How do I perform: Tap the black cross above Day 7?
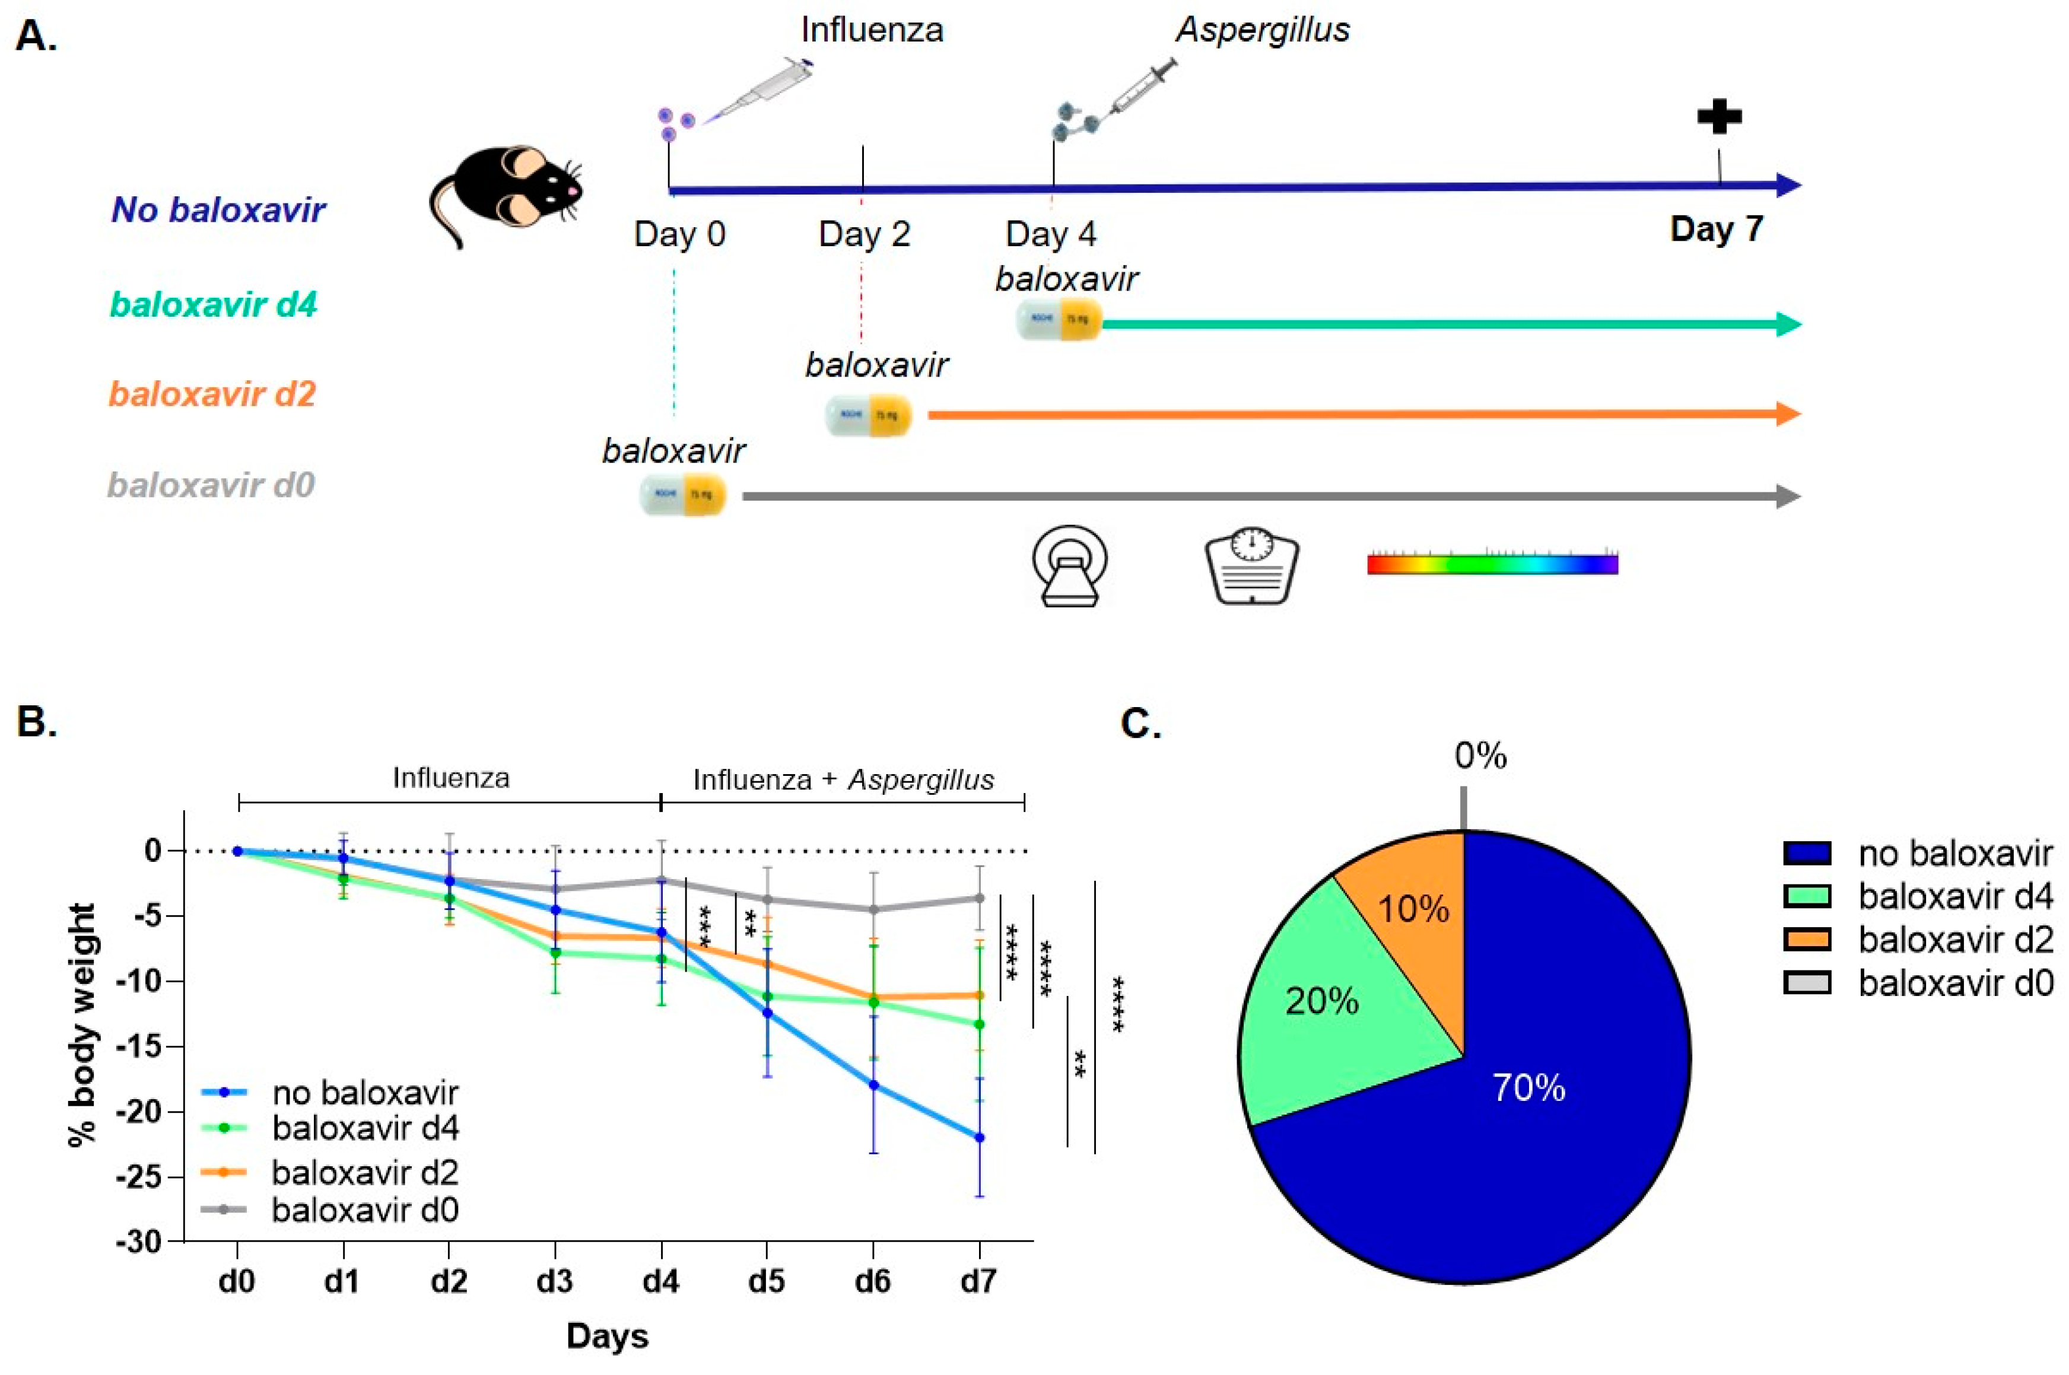[x=1718, y=117]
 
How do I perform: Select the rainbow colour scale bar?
[x=1491, y=564]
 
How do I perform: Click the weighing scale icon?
[x=1251, y=566]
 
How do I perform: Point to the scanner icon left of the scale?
[x=1069, y=566]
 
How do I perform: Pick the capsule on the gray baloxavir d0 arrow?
[x=682, y=495]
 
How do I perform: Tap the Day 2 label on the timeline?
[x=864, y=235]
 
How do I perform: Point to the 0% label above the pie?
[x=1480, y=755]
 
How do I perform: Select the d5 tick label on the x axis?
[x=767, y=1281]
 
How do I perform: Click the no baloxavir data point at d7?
[x=980, y=1137]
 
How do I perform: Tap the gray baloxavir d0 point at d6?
[x=873, y=909]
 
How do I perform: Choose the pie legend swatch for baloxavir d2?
[x=1807, y=939]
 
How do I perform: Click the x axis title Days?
[x=607, y=1335]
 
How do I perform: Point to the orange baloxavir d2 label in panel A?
[x=212, y=394]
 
